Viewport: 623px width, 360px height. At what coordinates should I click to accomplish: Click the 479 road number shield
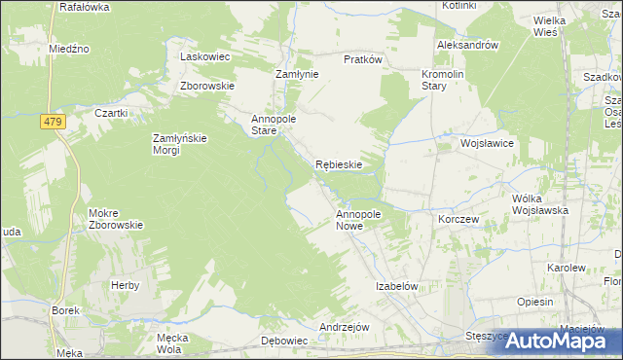pos(53,122)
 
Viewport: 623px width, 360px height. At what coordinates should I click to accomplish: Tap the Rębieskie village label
pos(339,164)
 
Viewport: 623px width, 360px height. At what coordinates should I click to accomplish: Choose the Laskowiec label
pos(204,56)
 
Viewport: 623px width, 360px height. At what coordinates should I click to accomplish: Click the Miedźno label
pos(69,48)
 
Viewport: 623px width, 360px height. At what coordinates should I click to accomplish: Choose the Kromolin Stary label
pos(444,81)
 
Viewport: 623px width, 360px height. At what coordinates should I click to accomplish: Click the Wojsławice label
pos(487,143)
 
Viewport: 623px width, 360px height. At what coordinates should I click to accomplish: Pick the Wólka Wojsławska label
pos(538,203)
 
